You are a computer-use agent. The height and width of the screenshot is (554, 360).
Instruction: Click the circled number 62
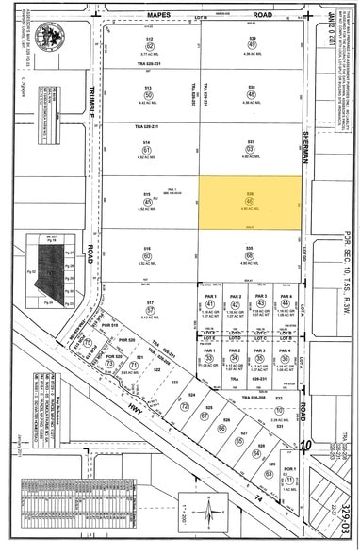click(148, 46)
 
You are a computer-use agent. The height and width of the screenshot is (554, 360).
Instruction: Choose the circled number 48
click(252, 96)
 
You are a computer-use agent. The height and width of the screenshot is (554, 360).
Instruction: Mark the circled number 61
click(148, 149)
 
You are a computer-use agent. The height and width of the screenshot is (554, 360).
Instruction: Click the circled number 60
click(148, 255)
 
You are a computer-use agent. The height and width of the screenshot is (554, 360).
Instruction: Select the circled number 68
click(252, 255)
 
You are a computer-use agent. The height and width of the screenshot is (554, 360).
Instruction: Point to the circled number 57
click(148, 308)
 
